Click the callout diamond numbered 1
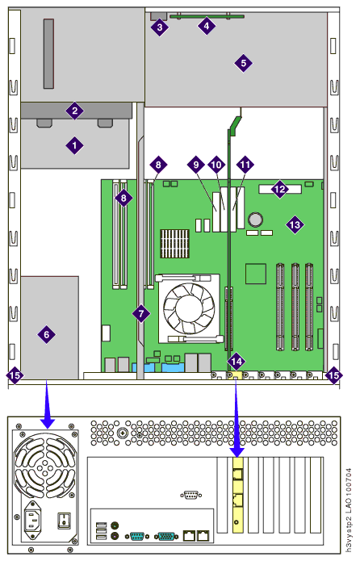tap(74, 145)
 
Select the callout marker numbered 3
tap(160, 27)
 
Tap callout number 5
tap(243, 63)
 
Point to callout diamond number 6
tap(47, 334)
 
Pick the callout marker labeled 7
tap(141, 314)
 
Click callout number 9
tap(196, 165)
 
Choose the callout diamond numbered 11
tap(245, 165)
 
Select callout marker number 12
tap(279, 189)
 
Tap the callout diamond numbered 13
tap(295, 224)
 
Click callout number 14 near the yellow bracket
tap(237, 362)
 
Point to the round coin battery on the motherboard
tap(256, 220)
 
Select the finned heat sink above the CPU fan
tap(174, 243)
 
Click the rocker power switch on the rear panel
tap(64, 520)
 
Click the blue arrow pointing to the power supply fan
tap(47, 404)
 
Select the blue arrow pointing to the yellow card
tap(237, 419)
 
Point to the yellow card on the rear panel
tap(237, 495)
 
